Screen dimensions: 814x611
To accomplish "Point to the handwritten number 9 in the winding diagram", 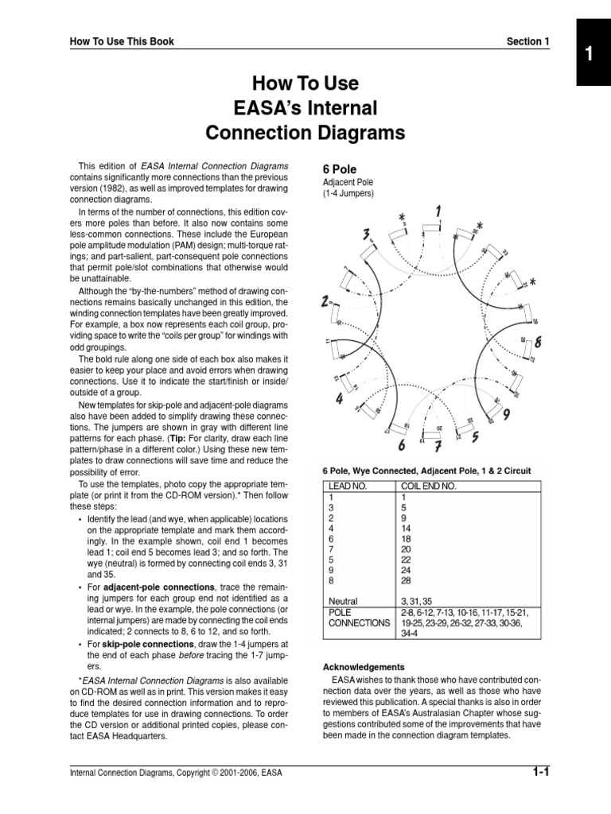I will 506,414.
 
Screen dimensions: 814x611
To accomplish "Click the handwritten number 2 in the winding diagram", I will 325,302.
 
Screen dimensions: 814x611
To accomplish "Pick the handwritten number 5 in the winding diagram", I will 475,436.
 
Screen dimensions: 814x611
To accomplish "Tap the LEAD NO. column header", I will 344,484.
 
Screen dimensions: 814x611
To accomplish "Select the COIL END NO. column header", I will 426,484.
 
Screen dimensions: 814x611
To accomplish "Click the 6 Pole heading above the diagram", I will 340,169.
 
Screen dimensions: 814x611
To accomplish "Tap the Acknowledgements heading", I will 364,667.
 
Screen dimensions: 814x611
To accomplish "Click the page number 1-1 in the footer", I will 543,771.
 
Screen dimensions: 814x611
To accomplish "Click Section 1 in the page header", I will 527,41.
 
